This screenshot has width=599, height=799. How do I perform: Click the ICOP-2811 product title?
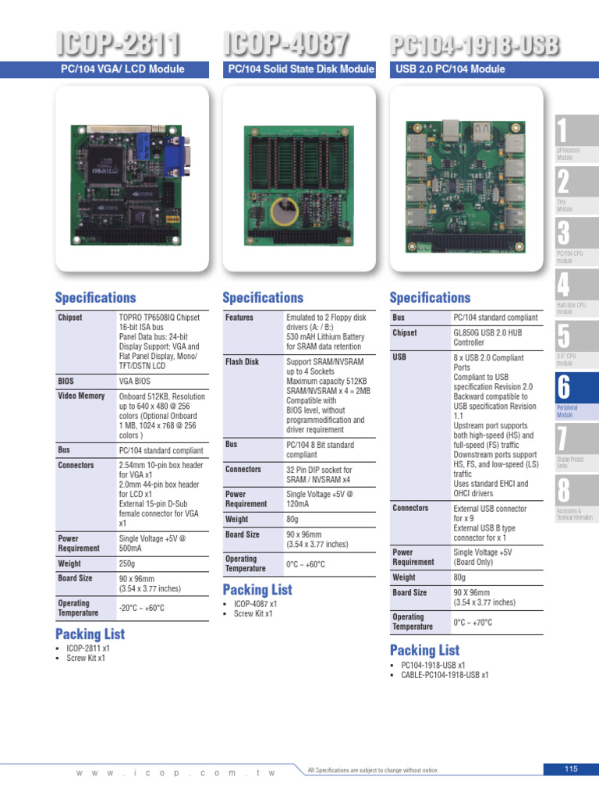(x=118, y=44)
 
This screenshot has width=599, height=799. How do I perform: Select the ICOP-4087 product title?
(x=285, y=44)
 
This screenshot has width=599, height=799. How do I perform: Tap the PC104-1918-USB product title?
(x=475, y=46)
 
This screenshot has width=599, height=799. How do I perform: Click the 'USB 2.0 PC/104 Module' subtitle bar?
(x=451, y=69)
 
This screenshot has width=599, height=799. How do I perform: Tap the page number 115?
(x=571, y=769)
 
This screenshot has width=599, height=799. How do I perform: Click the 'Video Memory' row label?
(x=81, y=396)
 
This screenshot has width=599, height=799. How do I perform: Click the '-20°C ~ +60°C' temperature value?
(x=142, y=608)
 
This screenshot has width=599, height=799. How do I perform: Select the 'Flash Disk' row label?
(x=242, y=362)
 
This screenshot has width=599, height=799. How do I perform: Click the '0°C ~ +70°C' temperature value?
(x=473, y=622)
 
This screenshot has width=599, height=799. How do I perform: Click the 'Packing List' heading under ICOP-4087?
(x=257, y=589)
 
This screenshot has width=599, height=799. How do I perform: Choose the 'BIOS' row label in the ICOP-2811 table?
(x=66, y=381)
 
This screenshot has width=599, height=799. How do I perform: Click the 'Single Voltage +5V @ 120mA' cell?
(x=319, y=499)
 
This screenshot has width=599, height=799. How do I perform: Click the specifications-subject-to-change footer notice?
(x=373, y=769)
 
